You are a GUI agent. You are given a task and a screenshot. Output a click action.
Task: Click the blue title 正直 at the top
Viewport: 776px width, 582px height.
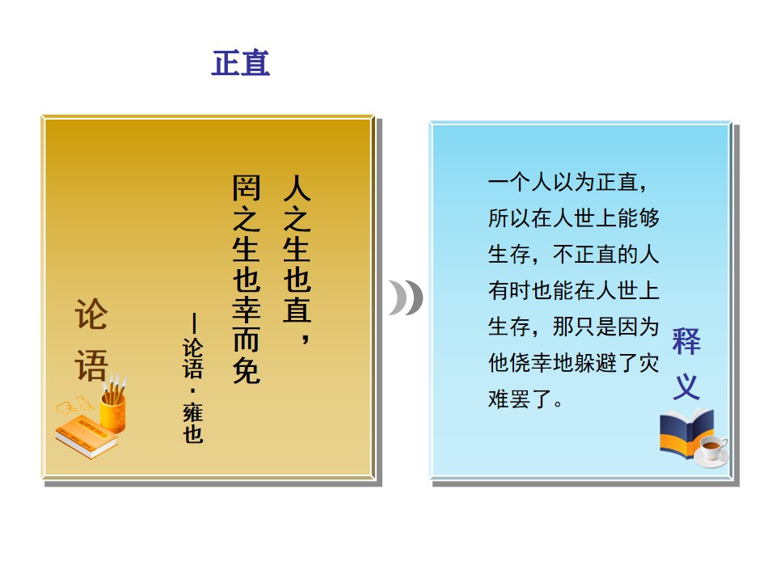(241, 63)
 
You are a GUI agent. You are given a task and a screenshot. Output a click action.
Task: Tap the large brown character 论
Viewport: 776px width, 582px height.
(91, 314)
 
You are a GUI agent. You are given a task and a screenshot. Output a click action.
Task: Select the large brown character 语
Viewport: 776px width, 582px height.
(91, 365)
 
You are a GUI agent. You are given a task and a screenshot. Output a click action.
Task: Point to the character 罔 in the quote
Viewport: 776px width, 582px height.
(246, 188)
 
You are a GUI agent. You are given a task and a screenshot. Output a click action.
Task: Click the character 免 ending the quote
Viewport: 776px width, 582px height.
(246, 370)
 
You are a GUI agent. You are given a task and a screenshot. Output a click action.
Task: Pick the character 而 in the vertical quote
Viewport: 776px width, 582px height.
(246, 340)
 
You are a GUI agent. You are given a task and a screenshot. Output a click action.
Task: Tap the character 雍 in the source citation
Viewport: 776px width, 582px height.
(193, 411)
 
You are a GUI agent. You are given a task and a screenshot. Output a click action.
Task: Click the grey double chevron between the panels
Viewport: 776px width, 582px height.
(406, 297)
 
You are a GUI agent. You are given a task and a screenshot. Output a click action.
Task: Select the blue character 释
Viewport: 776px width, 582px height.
(686, 340)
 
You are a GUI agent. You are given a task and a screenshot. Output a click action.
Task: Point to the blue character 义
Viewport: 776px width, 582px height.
(686, 386)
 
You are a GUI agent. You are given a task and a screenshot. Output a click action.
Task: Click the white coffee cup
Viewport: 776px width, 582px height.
(711, 449)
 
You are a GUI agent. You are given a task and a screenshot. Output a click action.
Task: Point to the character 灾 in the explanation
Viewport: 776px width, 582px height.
(649, 363)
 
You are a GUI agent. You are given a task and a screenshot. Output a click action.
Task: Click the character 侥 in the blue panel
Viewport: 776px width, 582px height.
(520, 363)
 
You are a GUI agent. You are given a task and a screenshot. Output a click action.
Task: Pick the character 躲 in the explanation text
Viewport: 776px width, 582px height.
(584, 363)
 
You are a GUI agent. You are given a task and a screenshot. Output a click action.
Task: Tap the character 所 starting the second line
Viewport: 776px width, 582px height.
(499, 218)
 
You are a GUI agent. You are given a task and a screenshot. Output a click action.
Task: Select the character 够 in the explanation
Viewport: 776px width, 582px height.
(649, 218)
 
